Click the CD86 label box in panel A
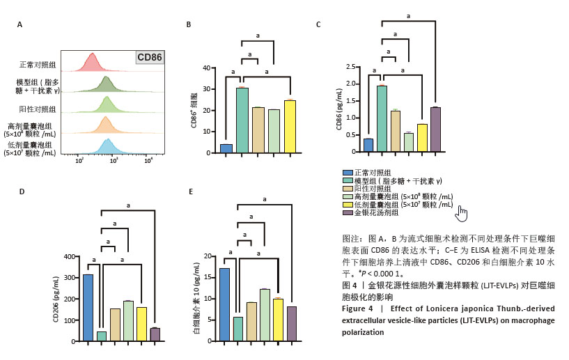(150, 57)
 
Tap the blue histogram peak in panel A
(107, 146)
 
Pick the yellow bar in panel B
(290, 126)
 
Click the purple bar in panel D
(155, 334)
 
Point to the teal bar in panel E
(238, 329)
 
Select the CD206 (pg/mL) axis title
(56, 299)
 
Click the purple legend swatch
(348, 212)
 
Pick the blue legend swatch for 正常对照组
(348, 172)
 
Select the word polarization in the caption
(362, 332)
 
